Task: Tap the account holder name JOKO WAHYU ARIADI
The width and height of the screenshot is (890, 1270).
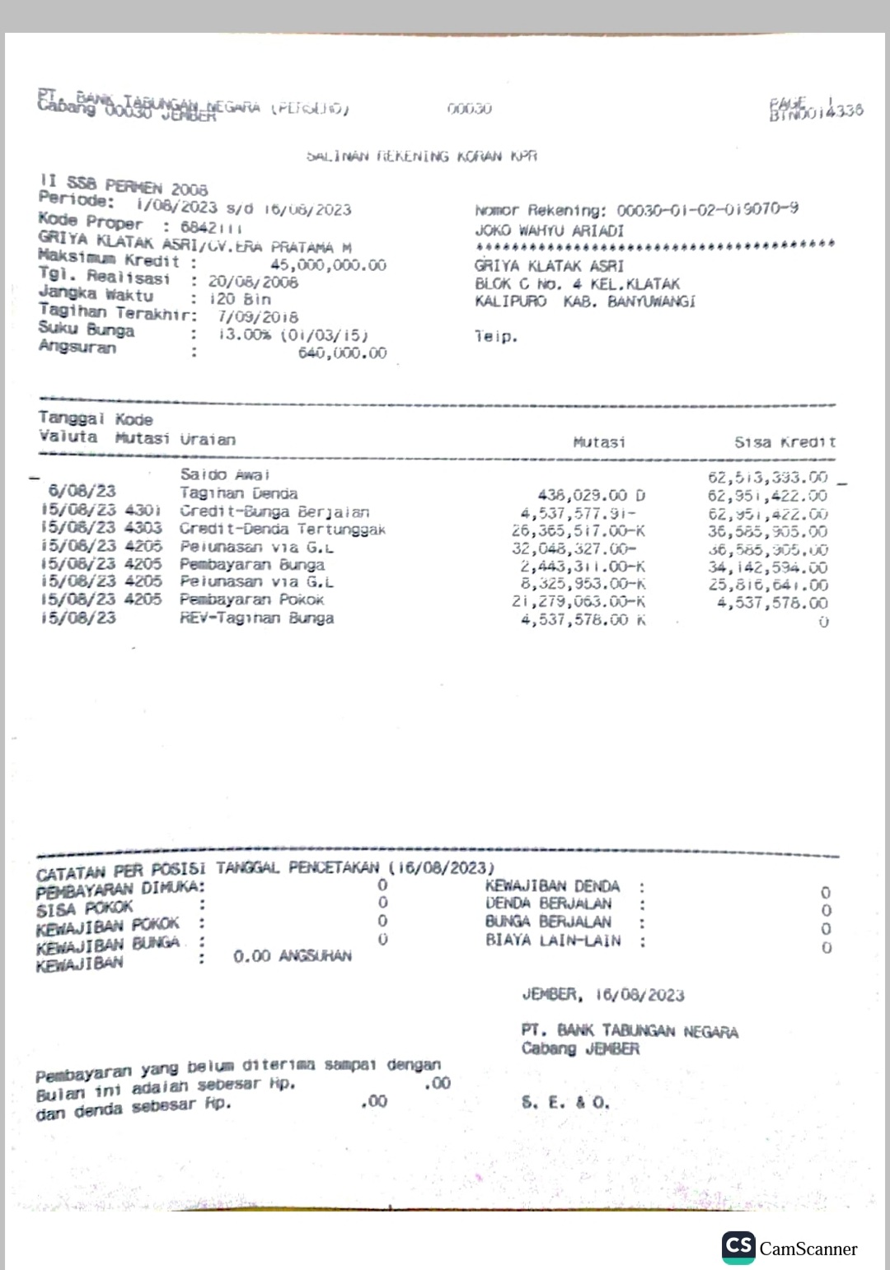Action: [550, 231]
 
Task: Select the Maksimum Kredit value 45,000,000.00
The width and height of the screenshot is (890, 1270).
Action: [328, 265]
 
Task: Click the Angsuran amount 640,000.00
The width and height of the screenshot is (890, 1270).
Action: [342, 353]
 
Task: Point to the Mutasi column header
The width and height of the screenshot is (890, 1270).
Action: [599, 442]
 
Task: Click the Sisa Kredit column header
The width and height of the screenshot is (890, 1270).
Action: [785, 442]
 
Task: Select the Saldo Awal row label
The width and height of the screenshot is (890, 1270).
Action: [225, 474]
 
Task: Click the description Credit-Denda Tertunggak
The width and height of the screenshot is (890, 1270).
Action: [283, 530]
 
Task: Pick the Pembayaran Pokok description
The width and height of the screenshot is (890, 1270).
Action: [252, 600]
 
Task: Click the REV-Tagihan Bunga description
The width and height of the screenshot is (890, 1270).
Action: [257, 618]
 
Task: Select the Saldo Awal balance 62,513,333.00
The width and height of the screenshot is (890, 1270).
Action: [767, 478]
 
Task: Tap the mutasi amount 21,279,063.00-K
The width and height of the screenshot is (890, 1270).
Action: [578, 601]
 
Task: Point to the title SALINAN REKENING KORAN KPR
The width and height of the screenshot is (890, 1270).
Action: [422, 156]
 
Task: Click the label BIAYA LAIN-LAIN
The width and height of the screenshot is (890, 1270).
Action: [553, 941]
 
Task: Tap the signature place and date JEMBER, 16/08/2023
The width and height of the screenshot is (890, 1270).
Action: [603, 995]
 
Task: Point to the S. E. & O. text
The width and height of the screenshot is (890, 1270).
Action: [565, 1102]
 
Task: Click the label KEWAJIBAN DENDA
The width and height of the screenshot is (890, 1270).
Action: [552, 886]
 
